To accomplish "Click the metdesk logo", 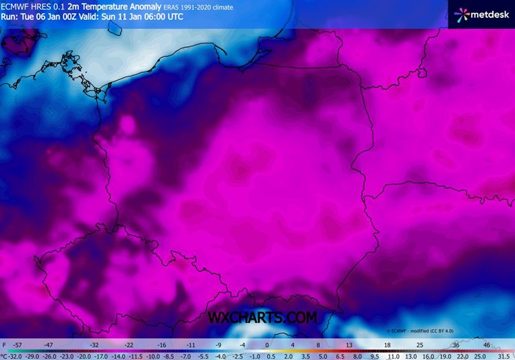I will pos(481,14).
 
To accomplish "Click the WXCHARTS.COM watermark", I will pos(263,317).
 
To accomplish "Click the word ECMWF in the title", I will pos(16,7).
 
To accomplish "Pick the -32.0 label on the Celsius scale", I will pos(14,356).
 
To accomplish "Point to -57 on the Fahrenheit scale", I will pos(19,344).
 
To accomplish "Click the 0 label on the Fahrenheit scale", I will pos(266,344).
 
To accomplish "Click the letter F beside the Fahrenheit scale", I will pos(5,344).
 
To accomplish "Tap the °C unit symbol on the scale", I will pos(3,356).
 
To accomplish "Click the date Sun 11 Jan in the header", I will pos(124,16).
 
